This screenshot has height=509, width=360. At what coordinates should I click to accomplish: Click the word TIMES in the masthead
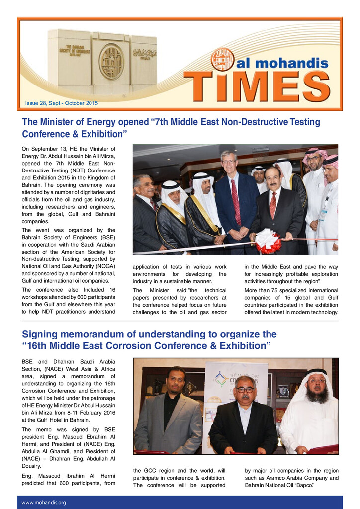(x=257, y=85)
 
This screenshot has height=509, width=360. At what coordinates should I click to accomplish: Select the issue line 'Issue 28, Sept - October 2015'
(x=62, y=103)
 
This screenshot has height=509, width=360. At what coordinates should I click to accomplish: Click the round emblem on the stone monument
(x=111, y=62)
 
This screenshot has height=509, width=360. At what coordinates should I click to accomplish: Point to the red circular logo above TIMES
(x=222, y=59)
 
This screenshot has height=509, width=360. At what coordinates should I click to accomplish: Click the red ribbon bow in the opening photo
(x=268, y=241)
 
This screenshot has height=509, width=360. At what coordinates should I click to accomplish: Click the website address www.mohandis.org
(x=44, y=502)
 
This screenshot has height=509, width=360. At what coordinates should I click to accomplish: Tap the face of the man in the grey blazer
(x=176, y=381)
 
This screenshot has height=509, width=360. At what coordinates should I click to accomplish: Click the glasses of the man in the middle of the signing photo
(x=245, y=390)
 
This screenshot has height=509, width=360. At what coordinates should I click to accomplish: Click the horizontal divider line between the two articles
(x=180, y=321)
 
